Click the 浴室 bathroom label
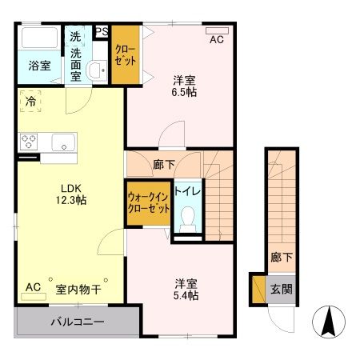[x=41, y=66]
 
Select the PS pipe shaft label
[x=102, y=32]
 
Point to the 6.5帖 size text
[x=185, y=92]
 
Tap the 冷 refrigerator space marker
[x=30, y=102]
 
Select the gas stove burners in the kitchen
[x=29, y=142]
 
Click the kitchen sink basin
[x=62, y=142]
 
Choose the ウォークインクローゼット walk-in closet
[x=148, y=203]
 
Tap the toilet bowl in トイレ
[x=189, y=217]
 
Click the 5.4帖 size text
[x=187, y=294]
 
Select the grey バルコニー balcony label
[x=78, y=324]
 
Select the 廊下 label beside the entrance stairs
[x=281, y=258]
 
